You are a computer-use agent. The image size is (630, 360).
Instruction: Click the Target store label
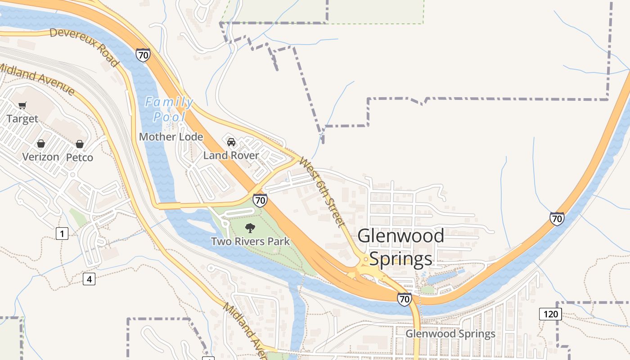[22, 119]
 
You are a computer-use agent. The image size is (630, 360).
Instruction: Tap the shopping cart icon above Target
[22, 106]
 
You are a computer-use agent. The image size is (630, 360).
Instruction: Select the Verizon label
[41, 157]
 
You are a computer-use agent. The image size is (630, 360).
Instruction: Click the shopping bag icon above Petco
[80, 144]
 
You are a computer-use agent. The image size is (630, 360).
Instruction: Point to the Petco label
[80, 157]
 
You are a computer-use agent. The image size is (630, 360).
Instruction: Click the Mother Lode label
[171, 137]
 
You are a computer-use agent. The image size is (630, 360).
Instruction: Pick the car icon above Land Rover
[231, 142]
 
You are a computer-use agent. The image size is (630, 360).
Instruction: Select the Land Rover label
[231, 156]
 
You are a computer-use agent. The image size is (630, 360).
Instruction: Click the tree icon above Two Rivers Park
[250, 228]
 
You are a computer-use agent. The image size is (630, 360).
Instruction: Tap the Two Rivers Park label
[251, 242]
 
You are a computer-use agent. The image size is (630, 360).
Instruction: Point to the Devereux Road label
[84, 47]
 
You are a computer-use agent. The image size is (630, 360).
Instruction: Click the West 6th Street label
[322, 192]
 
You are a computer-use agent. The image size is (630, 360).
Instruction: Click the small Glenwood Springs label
[450, 334]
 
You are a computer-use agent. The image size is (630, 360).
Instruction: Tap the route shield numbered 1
[62, 234]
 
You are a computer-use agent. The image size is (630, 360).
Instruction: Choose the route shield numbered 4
[89, 279]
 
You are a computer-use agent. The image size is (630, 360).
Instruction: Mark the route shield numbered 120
[550, 314]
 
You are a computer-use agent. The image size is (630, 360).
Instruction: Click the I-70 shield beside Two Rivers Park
[260, 200]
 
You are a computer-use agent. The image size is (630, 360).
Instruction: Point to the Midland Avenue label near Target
[37, 79]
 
